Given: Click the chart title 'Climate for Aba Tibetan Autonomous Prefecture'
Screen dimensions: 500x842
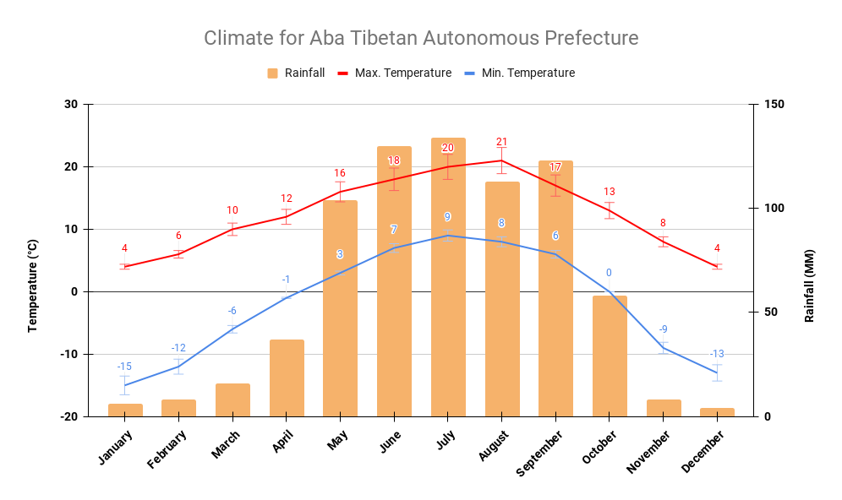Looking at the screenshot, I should [x=420, y=38].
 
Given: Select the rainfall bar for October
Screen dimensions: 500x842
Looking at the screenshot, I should [x=610, y=356].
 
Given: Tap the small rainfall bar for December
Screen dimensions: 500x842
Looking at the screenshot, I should [x=717, y=412].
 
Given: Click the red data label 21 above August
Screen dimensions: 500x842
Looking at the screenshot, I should [x=501, y=142].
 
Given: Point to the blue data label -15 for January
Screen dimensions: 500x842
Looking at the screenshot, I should [x=124, y=367].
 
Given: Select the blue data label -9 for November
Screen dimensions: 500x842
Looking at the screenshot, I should [x=663, y=329].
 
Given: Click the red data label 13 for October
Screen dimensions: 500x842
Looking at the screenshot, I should [x=610, y=192].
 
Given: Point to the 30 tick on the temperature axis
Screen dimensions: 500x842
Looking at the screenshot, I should [x=69, y=105].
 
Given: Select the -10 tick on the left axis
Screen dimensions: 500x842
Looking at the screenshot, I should [x=67, y=354].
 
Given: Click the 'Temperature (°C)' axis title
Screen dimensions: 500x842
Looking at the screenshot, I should [x=33, y=285].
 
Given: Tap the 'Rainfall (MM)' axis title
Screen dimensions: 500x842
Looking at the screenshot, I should [x=809, y=285].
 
